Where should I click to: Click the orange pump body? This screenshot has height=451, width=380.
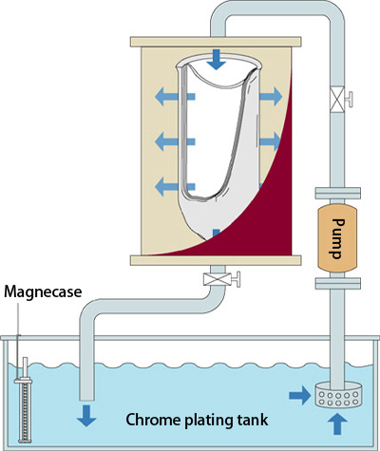(x=337, y=238)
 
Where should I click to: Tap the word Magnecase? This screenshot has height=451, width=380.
(x=43, y=291)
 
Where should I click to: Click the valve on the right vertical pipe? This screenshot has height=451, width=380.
(x=341, y=100)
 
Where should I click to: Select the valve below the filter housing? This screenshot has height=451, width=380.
(x=221, y=279)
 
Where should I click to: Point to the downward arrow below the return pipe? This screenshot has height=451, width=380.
(x=86, y=416)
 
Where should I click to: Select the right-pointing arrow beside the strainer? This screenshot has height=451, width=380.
(x=299, y=395)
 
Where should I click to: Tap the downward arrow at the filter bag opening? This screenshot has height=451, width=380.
(x=217, y=60)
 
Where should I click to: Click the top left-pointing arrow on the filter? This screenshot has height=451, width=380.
(x=175, y=97)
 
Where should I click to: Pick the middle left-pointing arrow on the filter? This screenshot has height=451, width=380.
(x=175, y=141)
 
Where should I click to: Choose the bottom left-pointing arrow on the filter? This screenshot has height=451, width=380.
(x=175, y=186)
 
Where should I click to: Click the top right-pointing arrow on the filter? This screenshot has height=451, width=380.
(x=271, y=96)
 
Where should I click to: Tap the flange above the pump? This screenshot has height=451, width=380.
(x=338, y=194)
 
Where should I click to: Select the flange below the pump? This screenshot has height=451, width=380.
(x=338, y=283)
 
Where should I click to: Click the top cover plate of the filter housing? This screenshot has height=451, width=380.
(x=216, y=42)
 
